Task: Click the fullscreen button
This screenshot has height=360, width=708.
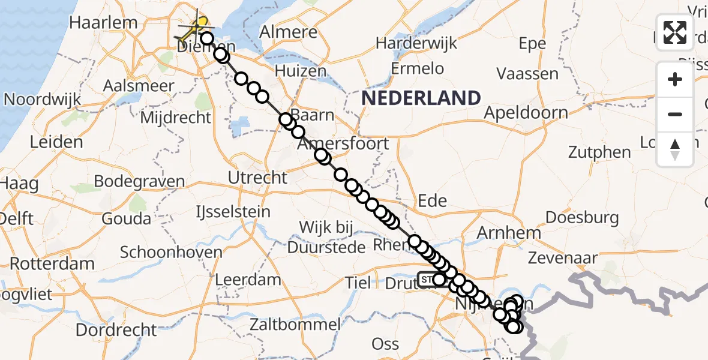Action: (x=675, y=32)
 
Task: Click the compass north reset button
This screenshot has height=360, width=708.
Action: (x=675, y=149)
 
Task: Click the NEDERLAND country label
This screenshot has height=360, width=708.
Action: (x=421, y=98)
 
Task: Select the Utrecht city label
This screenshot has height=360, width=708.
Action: (x=258, y=178)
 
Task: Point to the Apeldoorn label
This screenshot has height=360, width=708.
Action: (x=526, y=113)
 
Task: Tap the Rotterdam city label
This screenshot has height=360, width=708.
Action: (x=52, y=263)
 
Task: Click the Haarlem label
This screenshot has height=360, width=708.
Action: (x=103, y=23)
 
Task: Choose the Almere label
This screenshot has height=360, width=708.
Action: (x=289, y=32)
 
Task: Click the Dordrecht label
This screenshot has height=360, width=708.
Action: (x=116, y=330)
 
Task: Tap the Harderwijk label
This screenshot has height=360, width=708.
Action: (x=416, y=43)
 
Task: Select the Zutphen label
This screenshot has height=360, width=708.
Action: (x=599, y=152)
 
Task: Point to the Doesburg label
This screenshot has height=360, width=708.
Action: (x=582, y=217)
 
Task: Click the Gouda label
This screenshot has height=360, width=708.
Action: (x=126, y=218)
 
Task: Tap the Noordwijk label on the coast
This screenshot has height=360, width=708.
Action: (x=42, y=98)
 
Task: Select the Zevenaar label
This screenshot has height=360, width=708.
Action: (x=562, y=259)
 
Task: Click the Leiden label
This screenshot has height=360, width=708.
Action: (x=56, y=142)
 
